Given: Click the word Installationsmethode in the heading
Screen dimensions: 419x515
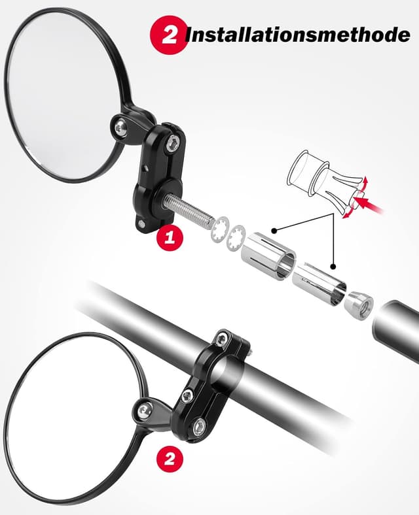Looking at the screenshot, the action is (x=298, y=34).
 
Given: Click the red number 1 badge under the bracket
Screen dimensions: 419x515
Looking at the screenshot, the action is (x=170, y=237).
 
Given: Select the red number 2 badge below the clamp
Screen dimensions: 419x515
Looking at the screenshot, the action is (x=170, y=458).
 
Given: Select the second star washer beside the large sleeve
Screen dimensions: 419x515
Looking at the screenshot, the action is (x=236, y=239).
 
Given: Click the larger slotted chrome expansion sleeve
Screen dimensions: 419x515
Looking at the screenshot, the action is (x=268, y=254).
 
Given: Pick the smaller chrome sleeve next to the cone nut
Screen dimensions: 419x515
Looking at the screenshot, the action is (x=319, y=284).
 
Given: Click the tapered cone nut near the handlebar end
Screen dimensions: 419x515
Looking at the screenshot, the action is (x=359, y=305).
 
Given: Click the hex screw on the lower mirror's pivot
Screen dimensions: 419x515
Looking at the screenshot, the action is (x=143, y=410).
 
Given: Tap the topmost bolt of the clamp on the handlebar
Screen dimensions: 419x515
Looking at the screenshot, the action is (x=221, y=339).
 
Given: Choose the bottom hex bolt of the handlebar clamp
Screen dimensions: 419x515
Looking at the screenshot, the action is (x=199, y=427).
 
